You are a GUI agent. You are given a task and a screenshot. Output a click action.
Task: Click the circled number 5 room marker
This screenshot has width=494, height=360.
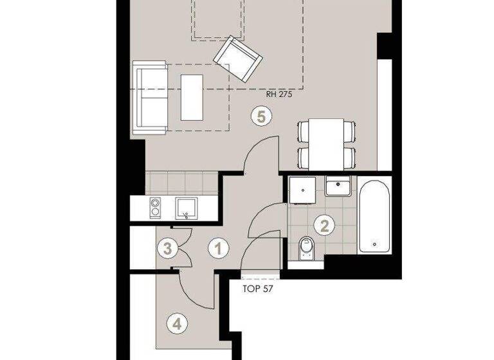(261, 116)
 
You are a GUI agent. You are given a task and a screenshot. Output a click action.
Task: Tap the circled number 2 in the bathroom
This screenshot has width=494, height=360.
(325, 225)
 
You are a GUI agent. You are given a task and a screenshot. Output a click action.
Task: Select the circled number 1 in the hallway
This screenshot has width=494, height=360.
(219, 248)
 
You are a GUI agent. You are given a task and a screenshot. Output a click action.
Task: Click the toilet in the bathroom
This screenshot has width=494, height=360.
(307, 248)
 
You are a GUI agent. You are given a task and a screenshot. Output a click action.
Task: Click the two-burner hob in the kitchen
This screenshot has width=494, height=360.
(156, 208)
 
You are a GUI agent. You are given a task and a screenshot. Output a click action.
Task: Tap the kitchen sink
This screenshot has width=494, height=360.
(187, 208)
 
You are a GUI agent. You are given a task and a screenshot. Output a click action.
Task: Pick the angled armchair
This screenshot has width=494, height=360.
(238, 59)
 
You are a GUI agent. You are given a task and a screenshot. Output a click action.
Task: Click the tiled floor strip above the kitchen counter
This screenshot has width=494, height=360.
(182, 183)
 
